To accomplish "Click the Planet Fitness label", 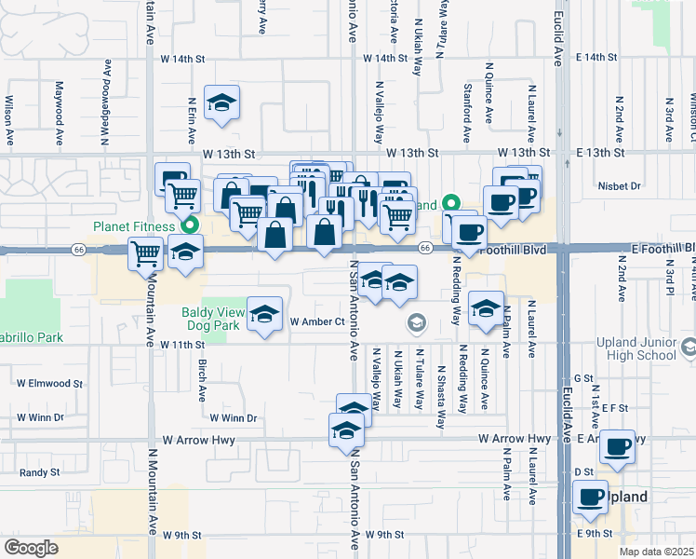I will coord(134,226).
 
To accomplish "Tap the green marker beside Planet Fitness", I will coord(191,225).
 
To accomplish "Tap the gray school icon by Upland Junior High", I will coord(689,348).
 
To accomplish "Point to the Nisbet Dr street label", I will coord(622,186).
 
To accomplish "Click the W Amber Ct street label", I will coord(317,321).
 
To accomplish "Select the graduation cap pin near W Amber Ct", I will coord(265,315).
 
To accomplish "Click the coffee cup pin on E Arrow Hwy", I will coord(618,447).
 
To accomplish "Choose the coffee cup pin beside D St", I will coord(589,497).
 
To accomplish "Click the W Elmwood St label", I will coord(50,383).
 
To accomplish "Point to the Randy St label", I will coord(39,472).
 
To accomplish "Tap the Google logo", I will coord(31,547).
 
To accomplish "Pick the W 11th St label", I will coord(180,345).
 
